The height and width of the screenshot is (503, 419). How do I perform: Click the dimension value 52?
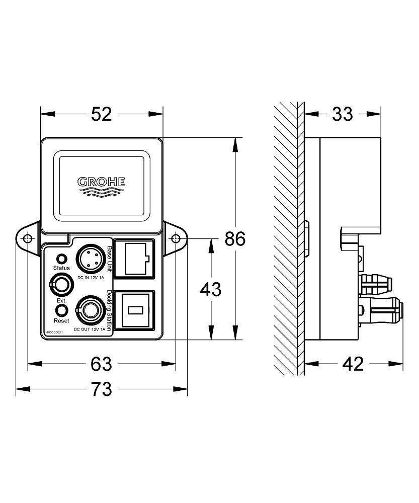[102, 115]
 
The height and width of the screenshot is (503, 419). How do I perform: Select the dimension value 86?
[234, 238]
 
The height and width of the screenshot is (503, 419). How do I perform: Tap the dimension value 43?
[211, 289]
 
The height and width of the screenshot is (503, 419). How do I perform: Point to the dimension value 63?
[102, 363]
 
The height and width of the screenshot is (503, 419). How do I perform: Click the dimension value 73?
[102, 389]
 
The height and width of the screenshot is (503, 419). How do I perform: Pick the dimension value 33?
[343, 115]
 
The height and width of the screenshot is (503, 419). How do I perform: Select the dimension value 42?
[353, 363]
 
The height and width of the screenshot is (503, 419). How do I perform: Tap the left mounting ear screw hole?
[28, 238]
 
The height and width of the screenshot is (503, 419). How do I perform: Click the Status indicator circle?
[61, 259]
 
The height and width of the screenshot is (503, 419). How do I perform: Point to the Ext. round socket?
[60, 285]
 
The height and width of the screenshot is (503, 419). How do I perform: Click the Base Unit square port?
[134, 258]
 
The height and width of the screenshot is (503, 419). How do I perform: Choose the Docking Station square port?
[134, 311]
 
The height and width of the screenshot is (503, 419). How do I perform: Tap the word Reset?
[61, 320]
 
